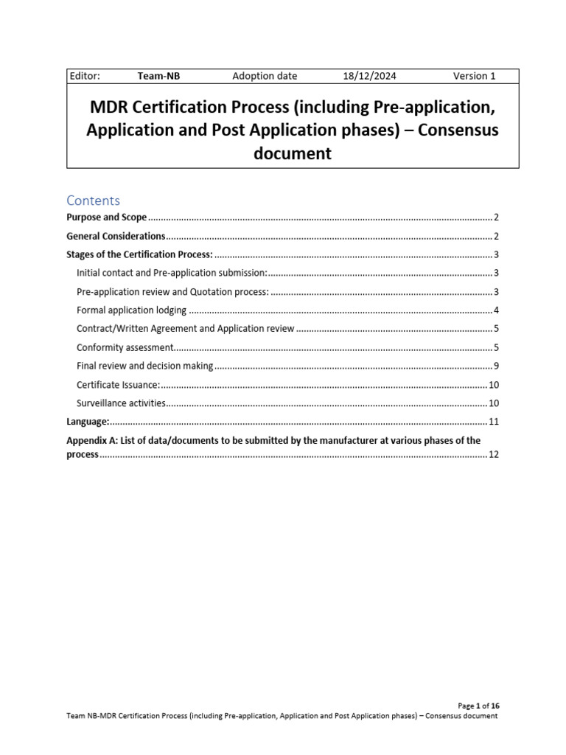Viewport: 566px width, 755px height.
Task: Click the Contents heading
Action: (x=93, y=201)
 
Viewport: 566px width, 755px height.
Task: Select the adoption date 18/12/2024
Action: (x=369, y=76)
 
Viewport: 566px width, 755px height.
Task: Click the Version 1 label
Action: (x=474, y=76)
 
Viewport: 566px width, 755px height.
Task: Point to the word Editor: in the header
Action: (x=84, y=76)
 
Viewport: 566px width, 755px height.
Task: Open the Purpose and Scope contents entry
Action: (x=107, y=218)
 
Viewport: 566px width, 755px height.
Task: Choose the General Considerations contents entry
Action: (x=116, y=236)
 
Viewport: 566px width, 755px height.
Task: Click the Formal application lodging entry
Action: (x=131, y=310)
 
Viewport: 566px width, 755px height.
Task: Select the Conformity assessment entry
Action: (x=125, y=347)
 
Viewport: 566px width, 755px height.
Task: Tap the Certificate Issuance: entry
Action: (x=118, y=385)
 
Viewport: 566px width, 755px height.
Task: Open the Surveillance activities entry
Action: (x=121, y=403)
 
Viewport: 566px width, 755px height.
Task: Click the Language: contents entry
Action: (x=88, y=422)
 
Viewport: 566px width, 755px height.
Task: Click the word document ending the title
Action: (x=293, y=153)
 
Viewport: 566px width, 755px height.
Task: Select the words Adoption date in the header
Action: (x=265, y=76)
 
